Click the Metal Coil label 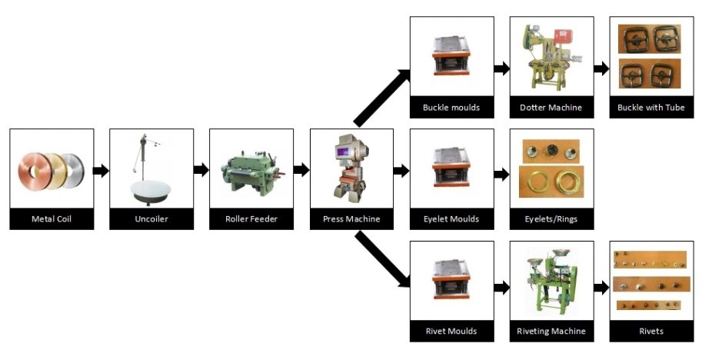[52, 219]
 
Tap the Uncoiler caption [151, 219]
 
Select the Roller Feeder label [251, 219]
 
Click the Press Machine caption [351, 219]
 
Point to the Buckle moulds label [451, 108]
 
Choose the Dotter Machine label [551, 108]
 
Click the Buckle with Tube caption [651, 108]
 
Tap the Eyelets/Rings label [551, 219]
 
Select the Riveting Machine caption [551, 332]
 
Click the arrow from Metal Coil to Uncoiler [101, 170]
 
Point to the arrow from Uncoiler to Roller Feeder [201, 170]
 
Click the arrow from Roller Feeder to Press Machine [301, 170]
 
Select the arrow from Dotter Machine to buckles [601, 68]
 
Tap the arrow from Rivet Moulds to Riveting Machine [501, 288]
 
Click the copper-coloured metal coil [34, 171]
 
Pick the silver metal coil [74, 171]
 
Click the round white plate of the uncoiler [151, 192]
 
